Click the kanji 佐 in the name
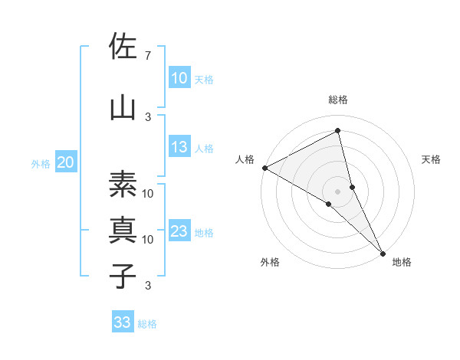click(123, 47)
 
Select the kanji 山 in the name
click(123, 107)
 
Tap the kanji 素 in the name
click(123, 184)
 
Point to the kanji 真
click(123, 229)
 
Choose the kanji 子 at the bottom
click(123, 275)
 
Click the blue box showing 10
click(179, 78)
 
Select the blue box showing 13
click(179, 148)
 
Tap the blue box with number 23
click(179, 232)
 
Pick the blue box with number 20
click(66, 162)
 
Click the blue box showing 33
click(122, 322)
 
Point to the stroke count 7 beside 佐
click(147, 56)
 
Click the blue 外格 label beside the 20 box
click(41, 163)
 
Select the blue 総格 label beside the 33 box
click(147, 324)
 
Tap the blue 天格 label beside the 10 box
click(204, 79)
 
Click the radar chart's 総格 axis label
click(338, 100)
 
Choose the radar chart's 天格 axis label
click(432, 159)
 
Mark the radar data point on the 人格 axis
click(264, 167)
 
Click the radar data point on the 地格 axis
click(383, 252)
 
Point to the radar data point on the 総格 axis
click(338, 132)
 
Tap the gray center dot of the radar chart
click(338, 191)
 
